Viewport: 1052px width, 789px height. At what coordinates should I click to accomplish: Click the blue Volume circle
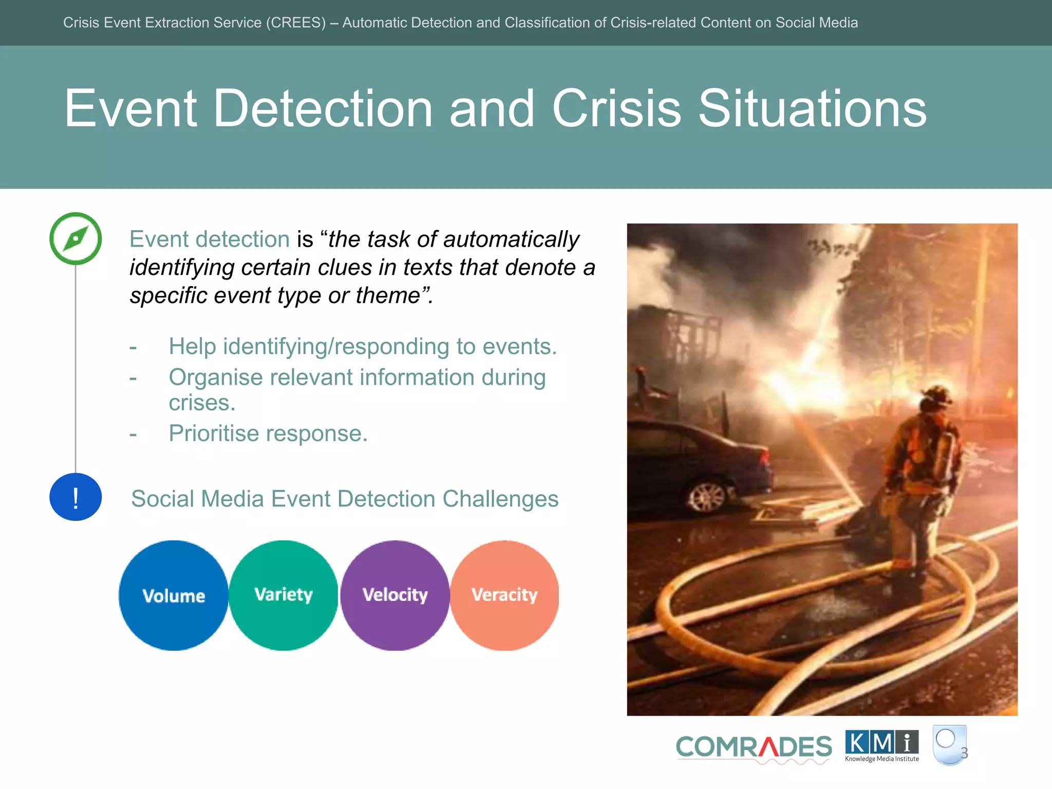pos(174,595)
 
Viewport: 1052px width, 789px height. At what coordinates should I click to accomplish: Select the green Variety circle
pos(284,595)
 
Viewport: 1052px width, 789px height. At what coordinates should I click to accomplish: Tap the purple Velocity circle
pos(394,595)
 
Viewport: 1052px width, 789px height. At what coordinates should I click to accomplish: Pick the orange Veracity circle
pos(504,595)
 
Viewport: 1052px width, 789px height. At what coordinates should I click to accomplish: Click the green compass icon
pos(76,239)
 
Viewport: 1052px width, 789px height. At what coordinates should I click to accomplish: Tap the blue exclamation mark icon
pos(76,497)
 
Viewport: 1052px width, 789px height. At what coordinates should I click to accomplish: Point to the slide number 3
pos(964,753)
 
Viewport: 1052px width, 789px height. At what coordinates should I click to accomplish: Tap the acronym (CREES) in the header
pos(295,23)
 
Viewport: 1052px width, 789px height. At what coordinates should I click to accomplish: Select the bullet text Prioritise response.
pos(268,434)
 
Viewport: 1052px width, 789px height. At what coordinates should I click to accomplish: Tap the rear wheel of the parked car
pos(708,496)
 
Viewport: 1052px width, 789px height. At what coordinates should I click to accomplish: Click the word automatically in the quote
pos(511,239)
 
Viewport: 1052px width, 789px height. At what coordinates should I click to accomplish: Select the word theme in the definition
pos(388,296)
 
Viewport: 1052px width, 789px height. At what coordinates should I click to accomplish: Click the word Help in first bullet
pos(192,347)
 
